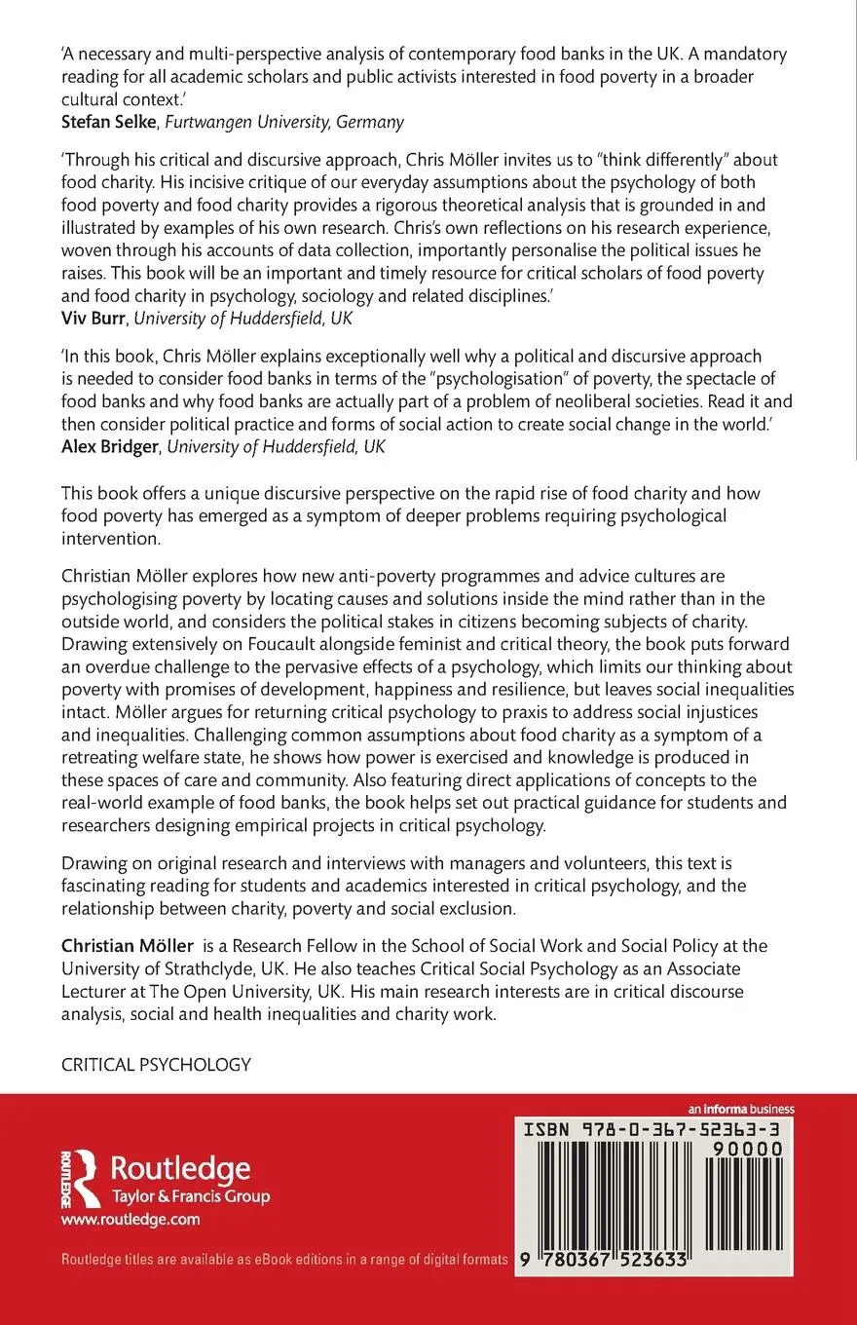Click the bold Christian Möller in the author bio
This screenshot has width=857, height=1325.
127,946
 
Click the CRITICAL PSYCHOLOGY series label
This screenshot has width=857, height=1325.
156,1065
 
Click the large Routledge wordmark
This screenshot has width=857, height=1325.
180,1167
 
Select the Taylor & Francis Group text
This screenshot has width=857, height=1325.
191,1196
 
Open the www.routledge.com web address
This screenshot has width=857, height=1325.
130,1219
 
